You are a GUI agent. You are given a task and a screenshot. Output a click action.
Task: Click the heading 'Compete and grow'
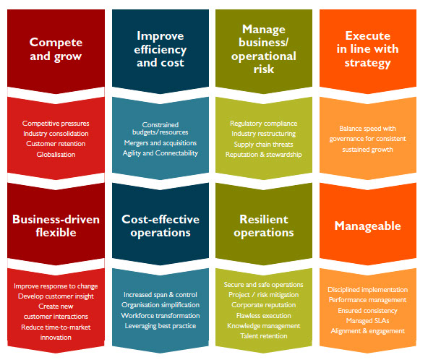[56, 49]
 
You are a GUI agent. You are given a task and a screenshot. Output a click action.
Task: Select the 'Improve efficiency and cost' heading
[160, 49]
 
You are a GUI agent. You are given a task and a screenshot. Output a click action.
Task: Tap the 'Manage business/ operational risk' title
[264, 49]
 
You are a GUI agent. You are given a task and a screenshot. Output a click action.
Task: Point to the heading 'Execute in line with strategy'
[368, 49]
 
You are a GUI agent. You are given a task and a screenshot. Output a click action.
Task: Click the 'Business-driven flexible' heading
[56, 226]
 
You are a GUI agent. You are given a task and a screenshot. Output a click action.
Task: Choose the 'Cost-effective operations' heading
[160, 226]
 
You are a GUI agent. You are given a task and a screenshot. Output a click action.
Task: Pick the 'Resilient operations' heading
[264, 226]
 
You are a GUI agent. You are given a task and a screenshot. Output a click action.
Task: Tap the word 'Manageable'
[368, 226]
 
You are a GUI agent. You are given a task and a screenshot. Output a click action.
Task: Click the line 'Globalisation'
[56, 155]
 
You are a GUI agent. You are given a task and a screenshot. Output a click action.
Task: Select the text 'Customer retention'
[56, 144]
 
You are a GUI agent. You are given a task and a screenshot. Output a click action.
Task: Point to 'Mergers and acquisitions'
[160, 143]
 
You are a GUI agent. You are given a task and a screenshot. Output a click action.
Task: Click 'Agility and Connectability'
[160, 153]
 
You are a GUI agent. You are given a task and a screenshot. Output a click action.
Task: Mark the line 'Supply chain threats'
[264, 145]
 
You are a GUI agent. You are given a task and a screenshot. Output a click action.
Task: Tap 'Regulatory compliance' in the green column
[264, 124]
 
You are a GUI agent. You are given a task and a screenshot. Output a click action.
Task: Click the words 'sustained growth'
[368, 150]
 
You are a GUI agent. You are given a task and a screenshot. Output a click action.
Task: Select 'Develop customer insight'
[56, 296]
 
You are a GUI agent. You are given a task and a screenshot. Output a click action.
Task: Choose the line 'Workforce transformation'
[160, 316]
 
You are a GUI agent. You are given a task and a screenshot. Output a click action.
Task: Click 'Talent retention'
[264, 336]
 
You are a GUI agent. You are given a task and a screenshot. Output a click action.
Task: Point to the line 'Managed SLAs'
[368, 321]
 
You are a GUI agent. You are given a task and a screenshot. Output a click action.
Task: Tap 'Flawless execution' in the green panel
[264, 316]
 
